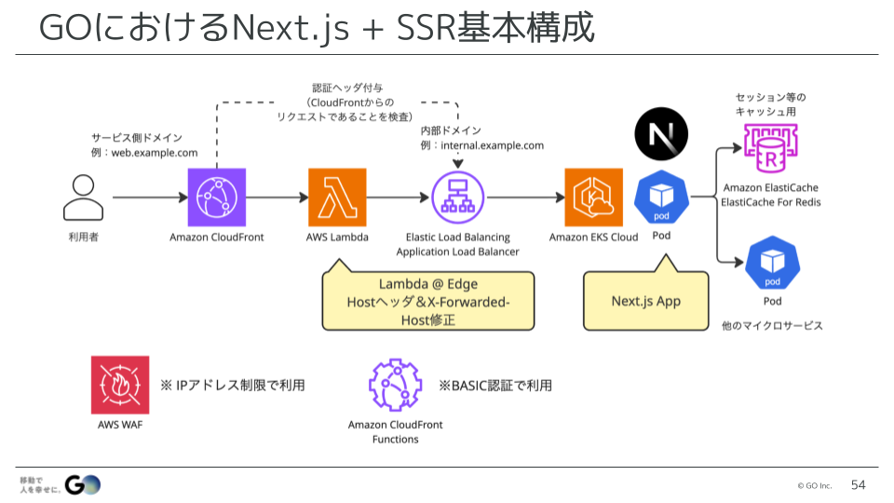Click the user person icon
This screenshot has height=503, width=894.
tap(83, 197)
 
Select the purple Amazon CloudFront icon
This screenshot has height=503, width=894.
tap(217, 197)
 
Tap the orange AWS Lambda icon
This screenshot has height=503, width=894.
tap(337, 197)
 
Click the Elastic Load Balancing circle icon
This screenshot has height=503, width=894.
tap(458, 197)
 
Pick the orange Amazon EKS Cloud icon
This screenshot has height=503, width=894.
tap(593, 197)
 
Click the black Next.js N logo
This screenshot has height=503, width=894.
tap(661, 134)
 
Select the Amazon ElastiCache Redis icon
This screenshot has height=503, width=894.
tap(770, 148)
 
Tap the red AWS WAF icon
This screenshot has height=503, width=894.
tap(120, 385)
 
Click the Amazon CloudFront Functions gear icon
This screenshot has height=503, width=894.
tap(395, 385)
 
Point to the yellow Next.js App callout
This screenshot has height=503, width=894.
tap(646, 301)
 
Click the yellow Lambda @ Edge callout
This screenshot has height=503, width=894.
tap(428, 301)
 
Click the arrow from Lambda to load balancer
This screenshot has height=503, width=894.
tap(398, 197)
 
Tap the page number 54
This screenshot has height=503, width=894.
tap(858, 484)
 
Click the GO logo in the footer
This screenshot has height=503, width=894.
tap(83, 484)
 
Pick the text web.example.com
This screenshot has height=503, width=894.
tap(155, 153)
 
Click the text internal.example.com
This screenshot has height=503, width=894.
tap(492, 145)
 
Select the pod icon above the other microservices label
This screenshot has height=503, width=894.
tap(773, 264)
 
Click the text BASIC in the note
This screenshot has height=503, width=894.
tap(468, 386)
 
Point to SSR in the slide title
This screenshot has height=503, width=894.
tap(427, 27)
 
